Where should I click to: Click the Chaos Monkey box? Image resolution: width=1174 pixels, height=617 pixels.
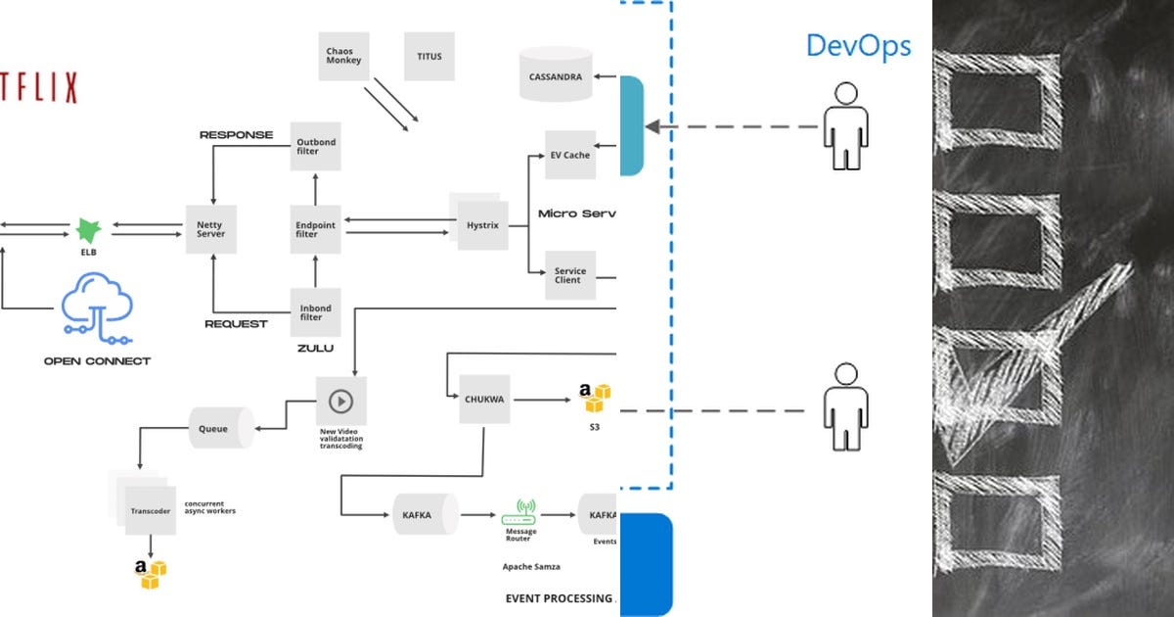(343, 56)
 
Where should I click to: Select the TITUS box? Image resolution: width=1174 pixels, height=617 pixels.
(429, 56)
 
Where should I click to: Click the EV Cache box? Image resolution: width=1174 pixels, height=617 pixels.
(569, 155)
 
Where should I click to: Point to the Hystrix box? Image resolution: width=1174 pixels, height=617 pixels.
(482, 224)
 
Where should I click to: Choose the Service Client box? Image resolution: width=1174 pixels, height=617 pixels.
(569, 274)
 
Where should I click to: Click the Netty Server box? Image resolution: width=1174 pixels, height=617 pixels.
(210, 229)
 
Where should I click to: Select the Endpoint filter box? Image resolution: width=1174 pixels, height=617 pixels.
(315, 229)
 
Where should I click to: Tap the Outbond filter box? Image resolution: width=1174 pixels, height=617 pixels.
(315, 147)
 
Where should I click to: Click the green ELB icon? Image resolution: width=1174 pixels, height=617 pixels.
(89, 231)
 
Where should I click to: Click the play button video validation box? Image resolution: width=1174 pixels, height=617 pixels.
(340, 401)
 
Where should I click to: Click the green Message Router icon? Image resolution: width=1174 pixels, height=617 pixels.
(519, 513)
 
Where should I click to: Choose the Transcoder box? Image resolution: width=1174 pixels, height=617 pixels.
(150, 510)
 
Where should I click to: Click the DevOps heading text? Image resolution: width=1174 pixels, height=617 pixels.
(858, 46)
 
